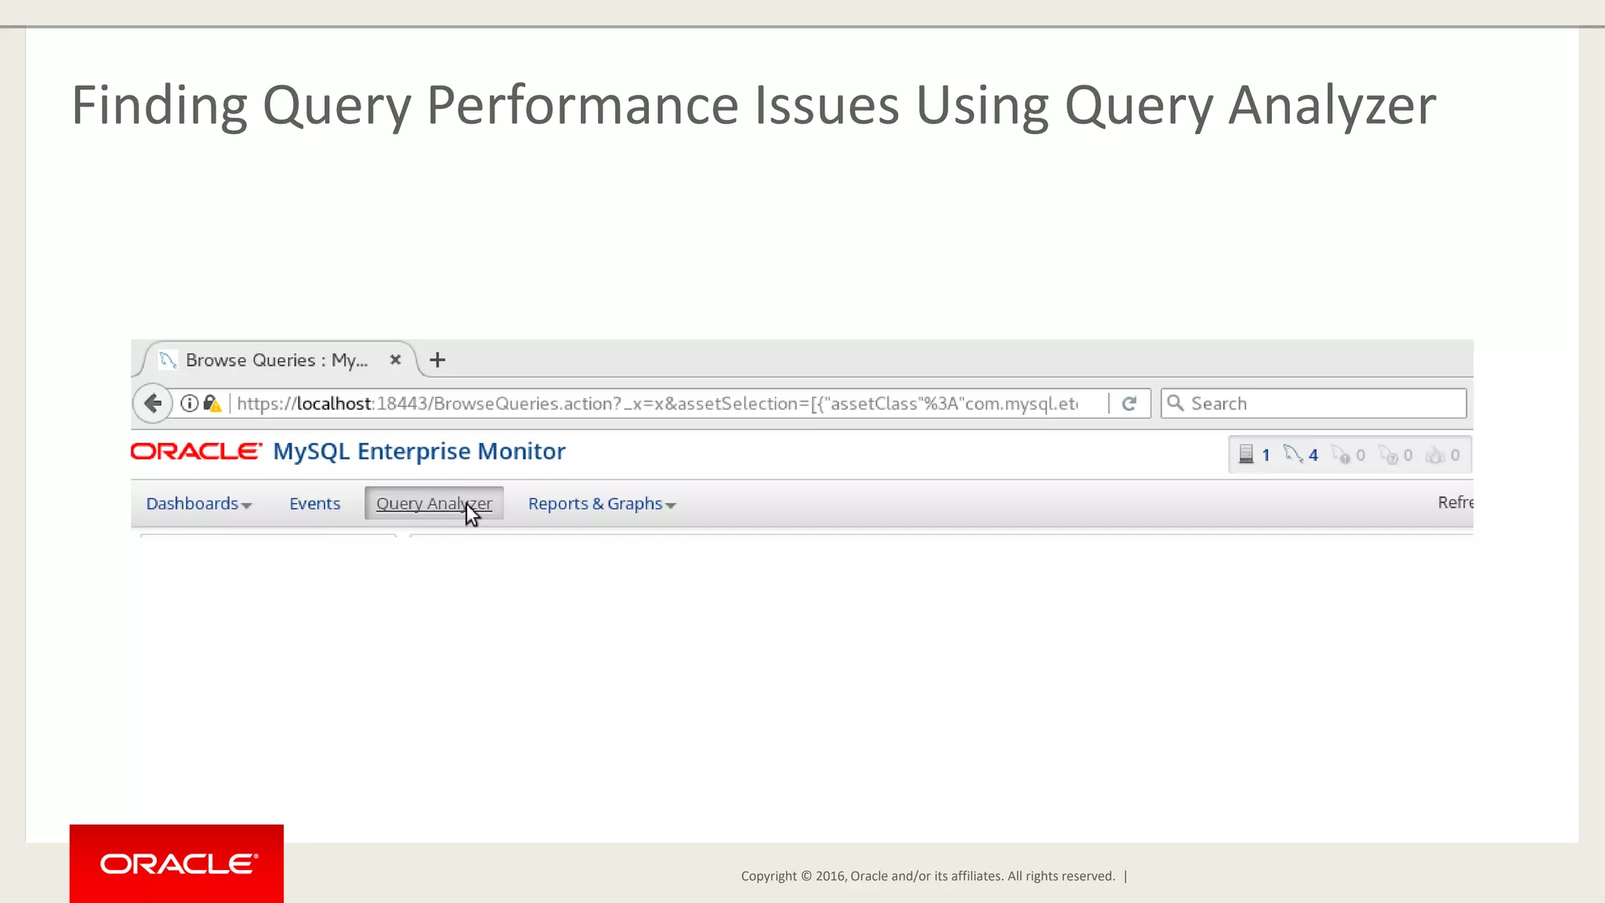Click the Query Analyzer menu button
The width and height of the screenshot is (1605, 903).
tap(433, 503)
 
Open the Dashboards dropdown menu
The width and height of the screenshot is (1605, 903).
tap(198, 503)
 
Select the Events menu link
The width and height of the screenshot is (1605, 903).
tap(314, 503)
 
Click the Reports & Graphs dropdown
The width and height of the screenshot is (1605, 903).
tap(601, 503)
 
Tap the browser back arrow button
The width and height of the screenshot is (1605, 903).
tap(153, 404)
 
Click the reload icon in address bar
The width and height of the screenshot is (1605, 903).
tap(1129, 404)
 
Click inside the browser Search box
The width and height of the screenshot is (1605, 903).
tap(1324, 404)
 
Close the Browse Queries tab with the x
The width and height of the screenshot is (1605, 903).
tap(395, 360)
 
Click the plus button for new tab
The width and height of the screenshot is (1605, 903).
tap(437, 360)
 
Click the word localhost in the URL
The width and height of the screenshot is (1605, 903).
tap(333, 404)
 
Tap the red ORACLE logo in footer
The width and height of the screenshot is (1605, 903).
tap(177, 864)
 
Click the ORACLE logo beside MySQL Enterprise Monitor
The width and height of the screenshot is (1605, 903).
tap(196, 451)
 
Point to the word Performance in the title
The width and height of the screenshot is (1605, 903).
tap(582, 106)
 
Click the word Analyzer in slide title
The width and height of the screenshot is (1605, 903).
tap(1331, 106)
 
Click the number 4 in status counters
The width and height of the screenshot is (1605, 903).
tap(1313, 455)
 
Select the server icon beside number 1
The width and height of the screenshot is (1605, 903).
tap(1246, 455)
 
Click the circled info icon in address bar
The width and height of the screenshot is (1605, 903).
tap(189, 404)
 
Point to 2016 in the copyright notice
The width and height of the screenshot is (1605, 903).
tap(829, 876)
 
